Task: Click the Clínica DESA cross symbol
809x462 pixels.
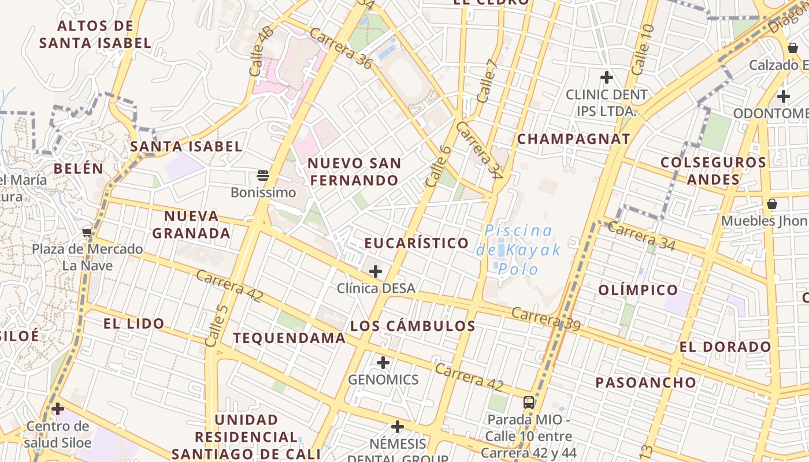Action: coord(376,271)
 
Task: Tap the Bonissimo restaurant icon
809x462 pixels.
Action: coord(263,175)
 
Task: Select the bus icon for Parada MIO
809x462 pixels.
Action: coord(529,402)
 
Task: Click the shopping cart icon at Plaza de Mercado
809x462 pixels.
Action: coord(87,232)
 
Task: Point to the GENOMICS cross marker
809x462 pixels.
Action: coord(383,363)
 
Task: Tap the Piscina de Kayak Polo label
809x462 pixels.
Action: coord(518,249)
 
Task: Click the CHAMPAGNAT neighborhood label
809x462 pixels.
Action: coord(573,139)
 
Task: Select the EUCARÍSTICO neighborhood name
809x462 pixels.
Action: coord(416,243)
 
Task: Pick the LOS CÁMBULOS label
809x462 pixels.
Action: coord(413,326)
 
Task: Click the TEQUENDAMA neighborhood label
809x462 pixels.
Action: coord(289,338)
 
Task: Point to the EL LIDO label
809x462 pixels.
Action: coord(134,323)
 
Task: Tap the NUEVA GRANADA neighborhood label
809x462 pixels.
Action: coord(191,225)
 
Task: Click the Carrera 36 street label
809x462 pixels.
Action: coord(340,48)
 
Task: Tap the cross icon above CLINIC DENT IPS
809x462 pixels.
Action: coord(606,77)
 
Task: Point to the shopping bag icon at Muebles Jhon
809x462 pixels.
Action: coord(771,204)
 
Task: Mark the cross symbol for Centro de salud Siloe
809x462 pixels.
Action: coord(58,409)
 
